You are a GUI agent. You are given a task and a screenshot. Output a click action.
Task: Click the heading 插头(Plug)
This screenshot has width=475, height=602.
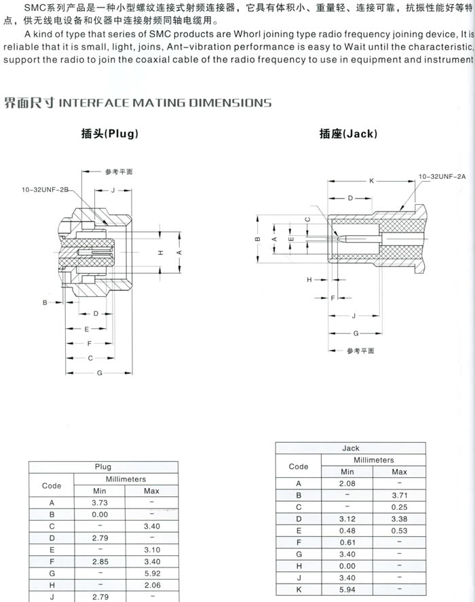point(109,134)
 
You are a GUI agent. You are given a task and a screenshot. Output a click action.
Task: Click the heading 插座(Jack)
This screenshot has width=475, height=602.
point(347,134)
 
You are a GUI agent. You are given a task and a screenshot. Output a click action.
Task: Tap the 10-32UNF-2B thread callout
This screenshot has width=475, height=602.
point(44,190)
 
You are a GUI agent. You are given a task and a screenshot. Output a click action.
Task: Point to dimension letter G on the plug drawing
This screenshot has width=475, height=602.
point(100,374)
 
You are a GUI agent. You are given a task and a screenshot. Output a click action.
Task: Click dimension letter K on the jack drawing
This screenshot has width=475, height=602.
point(371,181)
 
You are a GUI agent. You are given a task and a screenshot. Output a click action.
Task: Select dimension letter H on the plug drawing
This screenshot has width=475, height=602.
point(161,252)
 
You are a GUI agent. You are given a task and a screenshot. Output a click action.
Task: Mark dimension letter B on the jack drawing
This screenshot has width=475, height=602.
point(258,239)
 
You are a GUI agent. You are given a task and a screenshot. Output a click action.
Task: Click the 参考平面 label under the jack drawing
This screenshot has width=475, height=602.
point(360,350)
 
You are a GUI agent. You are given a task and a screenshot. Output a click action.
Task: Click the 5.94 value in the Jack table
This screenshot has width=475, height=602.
point(347,589)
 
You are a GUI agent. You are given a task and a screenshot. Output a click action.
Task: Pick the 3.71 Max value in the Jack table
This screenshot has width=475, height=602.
point(399,495)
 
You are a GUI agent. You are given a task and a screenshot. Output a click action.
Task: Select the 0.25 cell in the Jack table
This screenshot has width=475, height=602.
point(399,506)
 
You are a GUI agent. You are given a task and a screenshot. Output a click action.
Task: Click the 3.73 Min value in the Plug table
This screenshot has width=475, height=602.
point(100,502)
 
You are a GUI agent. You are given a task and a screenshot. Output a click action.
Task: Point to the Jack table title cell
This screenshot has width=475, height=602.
point(350,448)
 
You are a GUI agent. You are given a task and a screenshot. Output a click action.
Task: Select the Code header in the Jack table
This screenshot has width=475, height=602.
point(299,466)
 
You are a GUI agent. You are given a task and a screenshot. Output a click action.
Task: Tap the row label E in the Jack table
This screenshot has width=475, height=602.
point(299,530)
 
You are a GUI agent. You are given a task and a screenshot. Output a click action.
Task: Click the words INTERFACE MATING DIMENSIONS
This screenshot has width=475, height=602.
point(166,103)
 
